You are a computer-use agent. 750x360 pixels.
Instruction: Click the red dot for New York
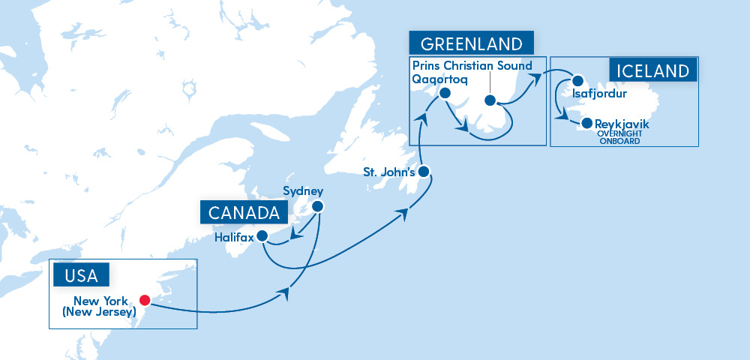[145, 300]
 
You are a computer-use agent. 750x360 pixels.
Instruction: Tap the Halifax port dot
[262, 236]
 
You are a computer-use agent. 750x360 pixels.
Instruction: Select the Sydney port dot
[317, 206]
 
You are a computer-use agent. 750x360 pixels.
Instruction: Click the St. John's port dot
[423, 172]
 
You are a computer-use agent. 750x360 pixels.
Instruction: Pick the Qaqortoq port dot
[444, 94]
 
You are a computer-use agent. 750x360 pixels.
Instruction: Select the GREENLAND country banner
[471, 42]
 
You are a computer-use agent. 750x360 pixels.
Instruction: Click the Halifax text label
[233, 237]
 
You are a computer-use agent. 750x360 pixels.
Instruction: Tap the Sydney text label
[302, 190]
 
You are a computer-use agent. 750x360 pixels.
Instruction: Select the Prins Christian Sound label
[472, 66]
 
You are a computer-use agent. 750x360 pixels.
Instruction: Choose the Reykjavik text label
[619, 123]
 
